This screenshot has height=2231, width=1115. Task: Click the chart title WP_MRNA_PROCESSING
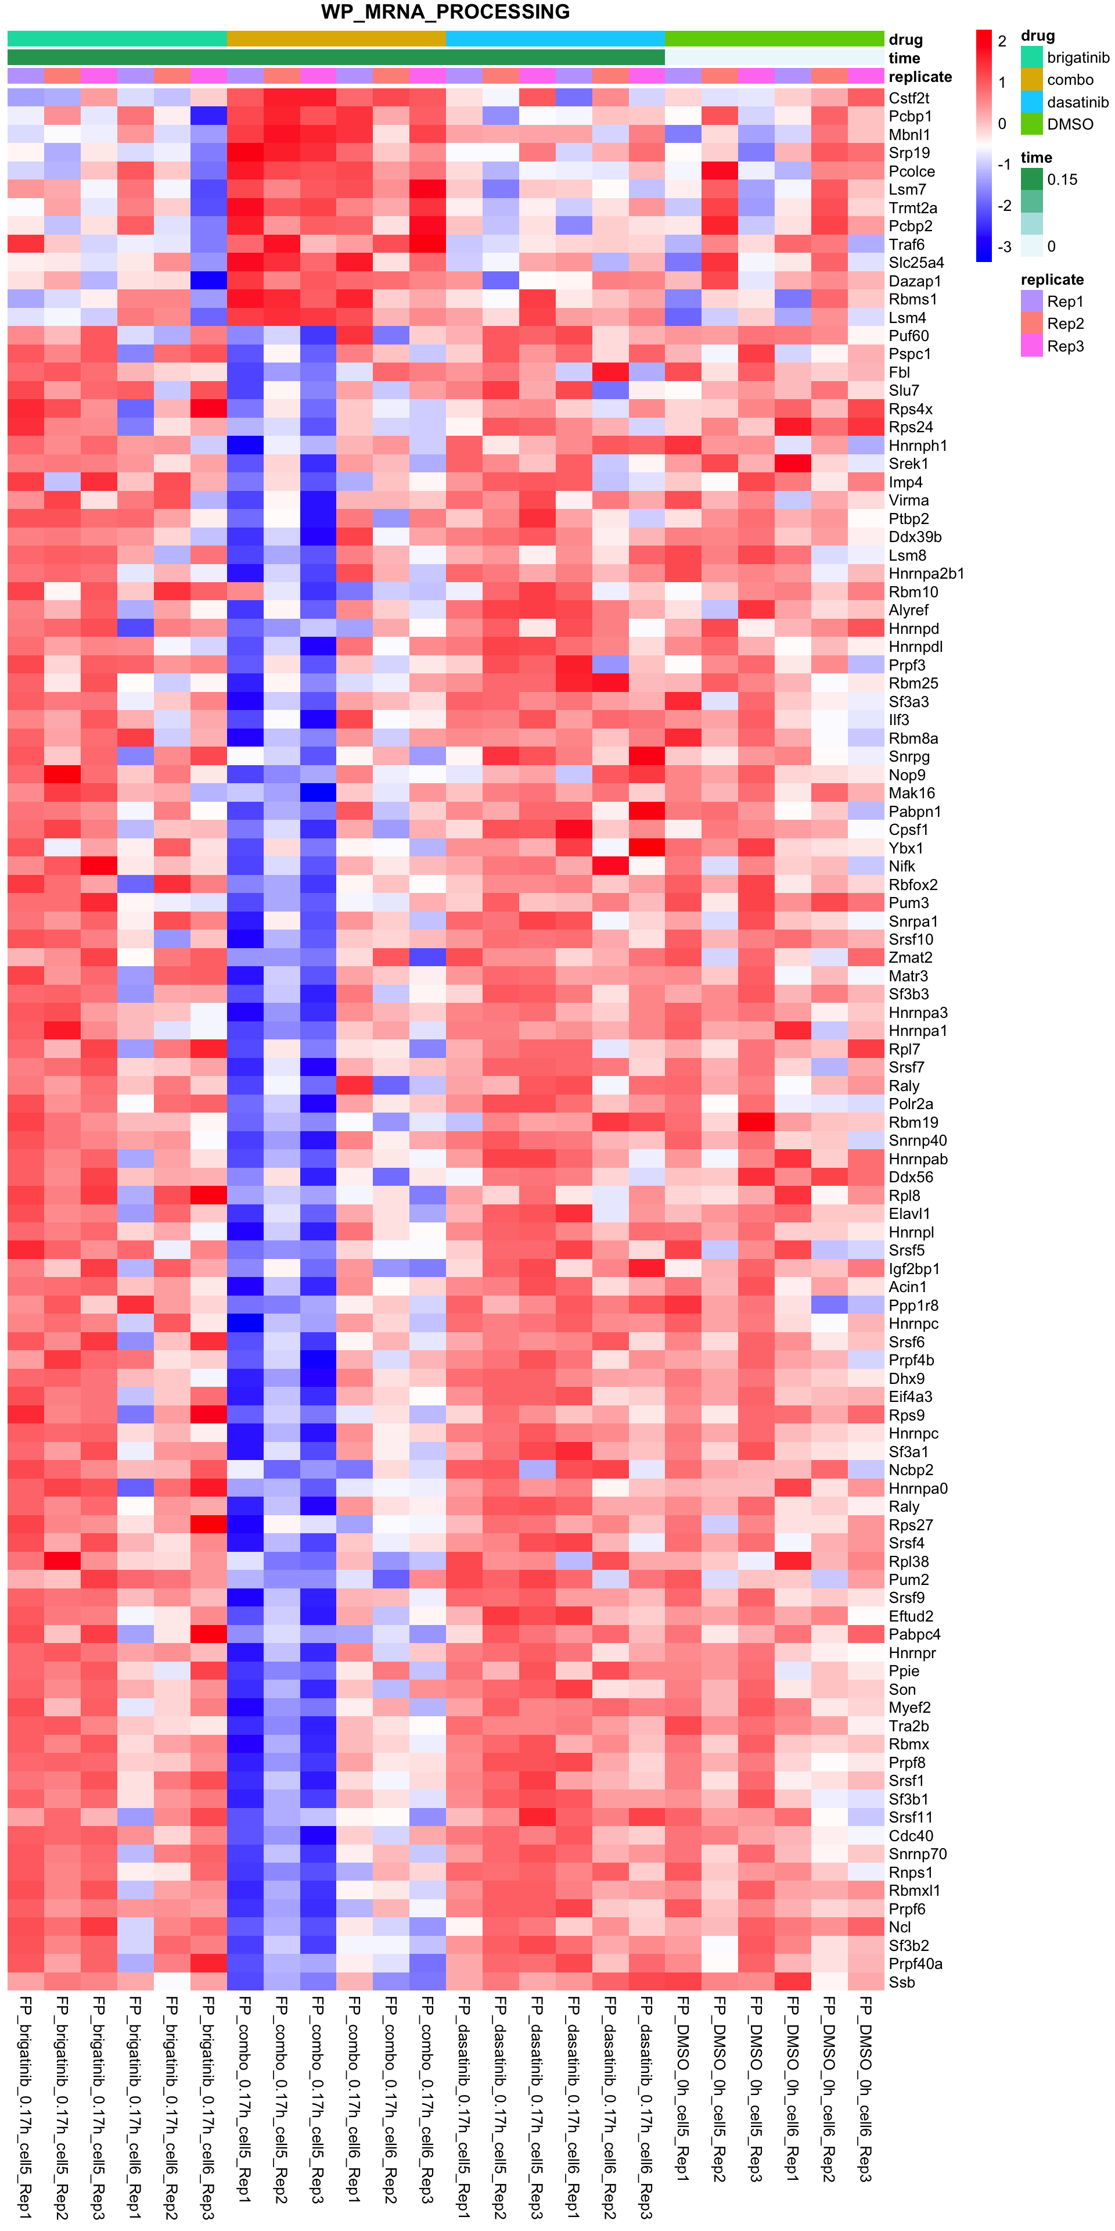(x=445, y=12)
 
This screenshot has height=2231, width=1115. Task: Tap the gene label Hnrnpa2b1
(x=926, y=573)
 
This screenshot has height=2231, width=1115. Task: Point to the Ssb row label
(x=901, y=1982)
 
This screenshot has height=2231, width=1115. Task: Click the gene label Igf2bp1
(x=914, y=1269)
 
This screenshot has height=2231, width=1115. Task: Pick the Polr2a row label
(x=911, y=1104)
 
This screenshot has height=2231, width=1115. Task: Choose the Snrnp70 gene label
(x=918, y=1855)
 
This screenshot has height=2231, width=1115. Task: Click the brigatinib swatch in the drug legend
(x=1031, y=57)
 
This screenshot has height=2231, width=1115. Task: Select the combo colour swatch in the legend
(x=1031, y=80)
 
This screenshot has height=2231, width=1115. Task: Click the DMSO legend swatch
(x=1031, y=124)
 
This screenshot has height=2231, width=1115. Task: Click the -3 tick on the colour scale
(x=1003, y=248)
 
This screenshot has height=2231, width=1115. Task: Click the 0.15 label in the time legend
(x=1062, y=180)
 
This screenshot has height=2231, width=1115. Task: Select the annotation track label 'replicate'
(x=920, y=77)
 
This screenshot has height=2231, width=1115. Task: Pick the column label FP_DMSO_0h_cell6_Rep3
(x=865, y=2087)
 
